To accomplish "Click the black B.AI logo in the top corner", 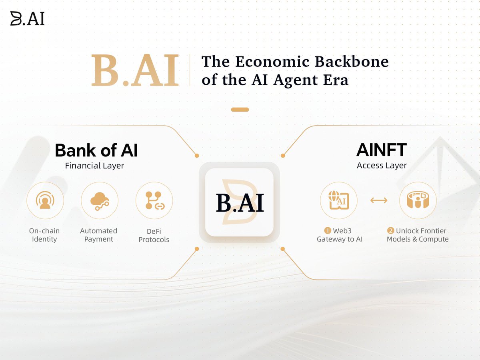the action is pos(27,18).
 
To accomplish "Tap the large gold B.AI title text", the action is pos(135,70).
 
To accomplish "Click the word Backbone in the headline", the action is pos(352,62).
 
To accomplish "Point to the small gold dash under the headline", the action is pos(240,110).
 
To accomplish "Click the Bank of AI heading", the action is pos(96,150).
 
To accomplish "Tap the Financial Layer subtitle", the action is pos(94,166).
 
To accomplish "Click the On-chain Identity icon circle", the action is pos(45,200).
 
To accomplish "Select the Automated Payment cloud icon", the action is pos(100,200).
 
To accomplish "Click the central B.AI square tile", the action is pos(239,202).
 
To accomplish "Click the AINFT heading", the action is pos(382,150).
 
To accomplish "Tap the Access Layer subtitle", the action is pos(382,166).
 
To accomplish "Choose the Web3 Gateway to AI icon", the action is pos(339,200).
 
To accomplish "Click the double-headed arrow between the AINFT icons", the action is pos(379,200).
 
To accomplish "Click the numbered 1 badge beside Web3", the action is pos(327,231).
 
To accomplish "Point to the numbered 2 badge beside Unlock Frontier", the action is pos(390,231).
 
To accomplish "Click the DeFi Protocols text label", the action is pos(154,236).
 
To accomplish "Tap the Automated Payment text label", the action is pos(99,235).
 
